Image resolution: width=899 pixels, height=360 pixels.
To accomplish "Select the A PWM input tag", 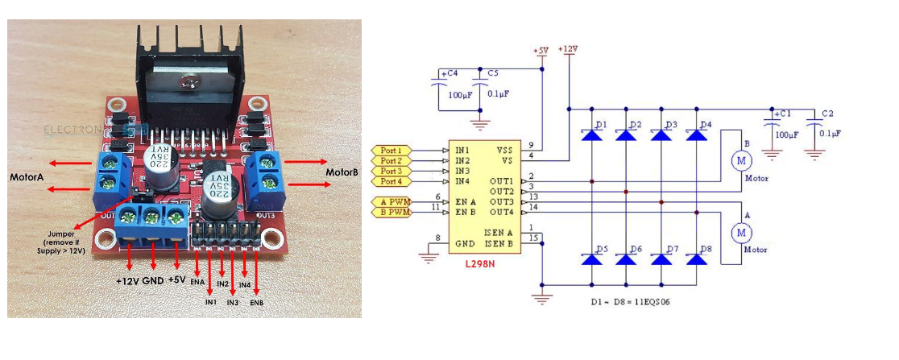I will click(392, 201).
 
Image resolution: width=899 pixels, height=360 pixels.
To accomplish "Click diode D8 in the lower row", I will click(695, 259).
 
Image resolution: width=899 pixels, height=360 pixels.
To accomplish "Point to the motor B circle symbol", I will click(739, 161).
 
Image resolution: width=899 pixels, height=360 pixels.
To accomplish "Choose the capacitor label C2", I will click(828, 114).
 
